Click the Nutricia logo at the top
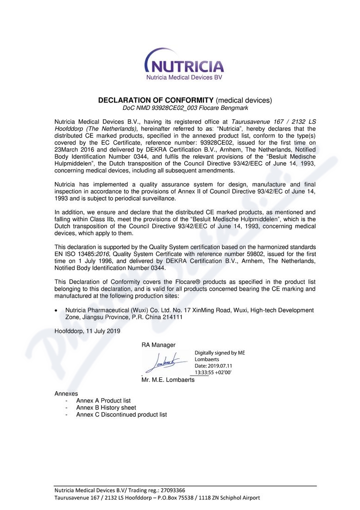tap(184, 64)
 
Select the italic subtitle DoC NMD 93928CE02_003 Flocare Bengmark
tap(185, 108)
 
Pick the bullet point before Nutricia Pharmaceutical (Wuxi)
tap(57, 310)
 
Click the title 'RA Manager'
tap(158, 344)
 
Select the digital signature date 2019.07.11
tap(221, 365)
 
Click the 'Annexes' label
tap(66, 394)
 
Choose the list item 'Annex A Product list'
tap(103, 401)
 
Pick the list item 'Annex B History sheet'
tap(106, 408)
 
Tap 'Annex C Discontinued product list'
tap(121, 414)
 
